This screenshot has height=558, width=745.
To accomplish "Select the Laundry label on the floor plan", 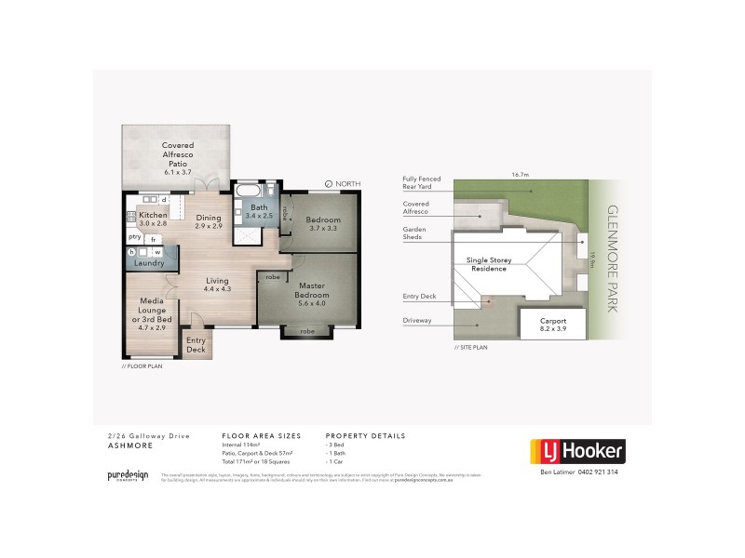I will click(149, 263).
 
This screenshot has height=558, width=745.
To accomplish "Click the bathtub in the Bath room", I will click(248, 192).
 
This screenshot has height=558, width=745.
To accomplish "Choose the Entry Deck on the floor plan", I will click(196, 344).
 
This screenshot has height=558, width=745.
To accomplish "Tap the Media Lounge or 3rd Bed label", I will click(152, 314).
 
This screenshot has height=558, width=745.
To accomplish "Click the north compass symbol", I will click(330, 184).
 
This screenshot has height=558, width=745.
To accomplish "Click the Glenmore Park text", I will click(612, 258).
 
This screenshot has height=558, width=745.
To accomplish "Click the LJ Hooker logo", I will click(577, 452).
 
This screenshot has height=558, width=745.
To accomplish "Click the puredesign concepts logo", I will click(129, 475).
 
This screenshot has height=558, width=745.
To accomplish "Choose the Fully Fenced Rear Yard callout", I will click(421, 182).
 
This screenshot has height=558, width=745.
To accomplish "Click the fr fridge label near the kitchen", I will click(152, 239).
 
